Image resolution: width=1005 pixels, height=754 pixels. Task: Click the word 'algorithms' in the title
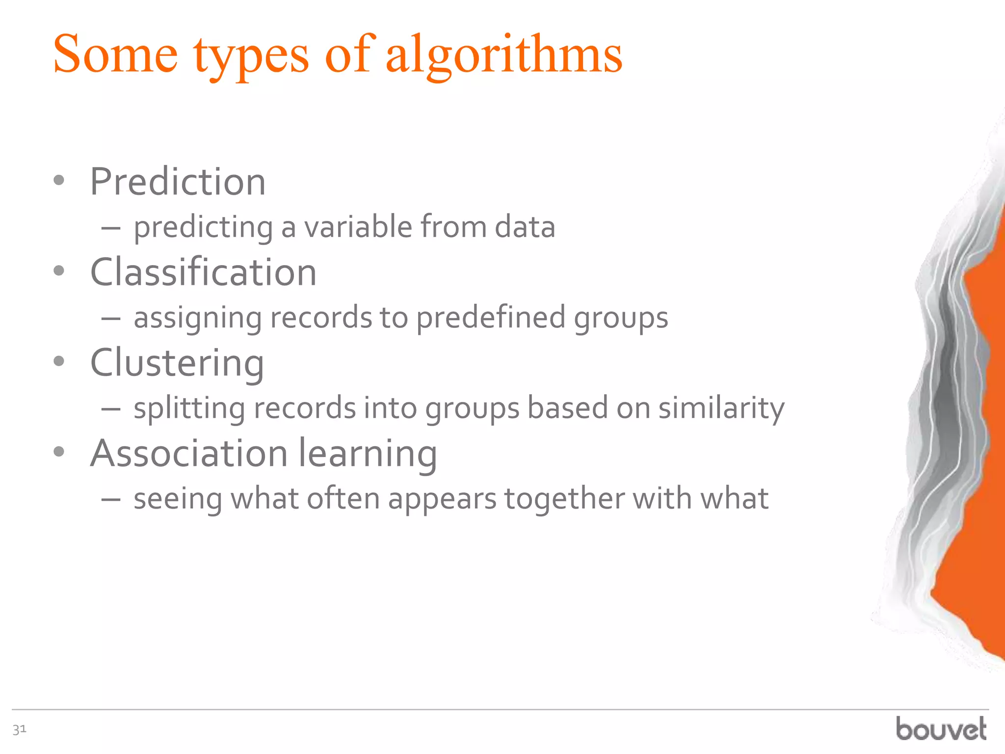click(504, 55)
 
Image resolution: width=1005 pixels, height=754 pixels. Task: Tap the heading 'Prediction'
click(178, 182)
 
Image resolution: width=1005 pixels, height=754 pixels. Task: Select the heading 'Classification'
click(203, 272)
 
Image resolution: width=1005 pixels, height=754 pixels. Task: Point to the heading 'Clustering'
click(177, 363)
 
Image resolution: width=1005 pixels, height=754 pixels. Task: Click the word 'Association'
click(189, 453)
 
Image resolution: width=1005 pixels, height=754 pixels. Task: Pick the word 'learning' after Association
click(368, 454)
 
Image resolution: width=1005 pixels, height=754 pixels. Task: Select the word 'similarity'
click(721, 408)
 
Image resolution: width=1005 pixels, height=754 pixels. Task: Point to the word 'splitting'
click(189, 408)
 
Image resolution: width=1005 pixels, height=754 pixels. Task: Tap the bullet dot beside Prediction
click(59, 181)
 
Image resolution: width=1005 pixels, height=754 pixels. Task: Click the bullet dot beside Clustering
click(59, 362)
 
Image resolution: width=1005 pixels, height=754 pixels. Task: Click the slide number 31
click(19, 729)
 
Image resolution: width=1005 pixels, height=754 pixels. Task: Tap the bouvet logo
click(941, 728)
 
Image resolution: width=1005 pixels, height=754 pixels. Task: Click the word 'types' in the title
click(251, 55)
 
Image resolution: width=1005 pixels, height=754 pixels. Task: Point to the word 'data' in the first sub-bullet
click(525, 227)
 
